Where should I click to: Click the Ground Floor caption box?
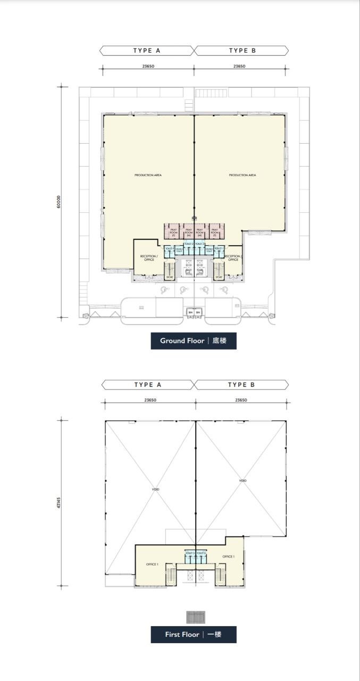[x=194, y=340]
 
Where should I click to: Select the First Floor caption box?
[x=194, y=635]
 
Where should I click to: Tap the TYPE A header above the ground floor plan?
[x=147, y=51]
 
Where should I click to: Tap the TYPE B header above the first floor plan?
[x=242, y=385]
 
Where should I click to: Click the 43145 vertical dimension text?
[x=59, y=502]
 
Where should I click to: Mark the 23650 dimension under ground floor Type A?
[x=148, y=67]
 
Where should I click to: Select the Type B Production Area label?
[x=242, y=175]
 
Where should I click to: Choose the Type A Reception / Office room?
[x=147, y=258]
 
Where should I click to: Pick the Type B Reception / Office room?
[x=232, y=258]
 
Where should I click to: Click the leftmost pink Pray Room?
[x=173, y=232]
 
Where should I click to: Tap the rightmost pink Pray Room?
[x=215, y=232]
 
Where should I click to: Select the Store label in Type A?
[x=170, y=277]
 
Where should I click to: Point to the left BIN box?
[x=190, y=312]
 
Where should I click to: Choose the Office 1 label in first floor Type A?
[x=152, y=564]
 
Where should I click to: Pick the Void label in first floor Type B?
[x=242, y=481]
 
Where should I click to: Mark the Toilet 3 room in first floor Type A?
[x=190, y=554]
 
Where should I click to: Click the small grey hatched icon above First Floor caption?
[x=195, y=617]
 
